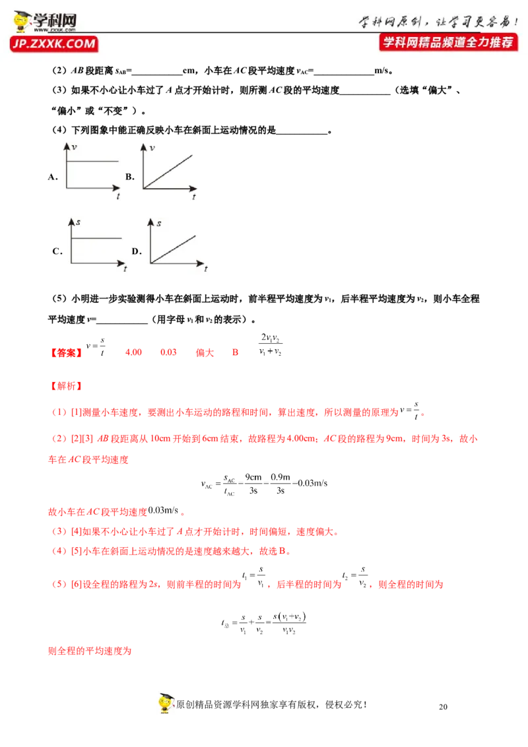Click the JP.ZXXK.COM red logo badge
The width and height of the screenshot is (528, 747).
pyautogui.click(x=53, y=44)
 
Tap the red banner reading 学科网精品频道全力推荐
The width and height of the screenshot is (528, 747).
pyautogui.click(x=448, y=42)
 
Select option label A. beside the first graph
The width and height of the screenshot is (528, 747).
pyautogui.click(x=52, y=177)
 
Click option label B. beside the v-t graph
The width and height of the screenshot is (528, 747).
pyautogui.click(x=130, y=177)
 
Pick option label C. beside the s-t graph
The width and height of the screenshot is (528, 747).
pyautogui.click(x=57, y=251)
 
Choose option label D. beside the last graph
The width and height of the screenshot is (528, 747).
pyautogui.click(x=136, y=251)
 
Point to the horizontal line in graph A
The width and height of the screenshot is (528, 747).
pyautogui.click(x=92, y=161)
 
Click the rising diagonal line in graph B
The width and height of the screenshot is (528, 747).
pyautogui.click(x=168, y=172)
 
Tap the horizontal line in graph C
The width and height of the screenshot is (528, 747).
pyautogui.click(x=96, y=238)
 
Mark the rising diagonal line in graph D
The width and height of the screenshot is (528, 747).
pyautogui.click(x=173, y=249)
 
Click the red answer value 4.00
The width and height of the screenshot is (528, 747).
pyautogui.click(x=133, y=352)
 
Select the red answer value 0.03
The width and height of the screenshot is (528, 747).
pyautogui.click(x=168, y=352)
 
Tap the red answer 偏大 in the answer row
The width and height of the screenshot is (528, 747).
pyautogui.click(x=205, y=352)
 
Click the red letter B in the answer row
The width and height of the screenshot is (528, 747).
pyautogui.click(x=235, y=352)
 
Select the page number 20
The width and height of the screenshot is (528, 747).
pyautogui.click(x=443, y=707)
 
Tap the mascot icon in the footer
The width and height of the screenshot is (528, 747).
pyautogui.click(x=166, y=703)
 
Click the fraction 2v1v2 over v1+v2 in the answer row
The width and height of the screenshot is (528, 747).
pyautogui.click(x=270, y=344)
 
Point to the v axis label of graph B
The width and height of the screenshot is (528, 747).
pyautogui.click(x=152, y=148)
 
